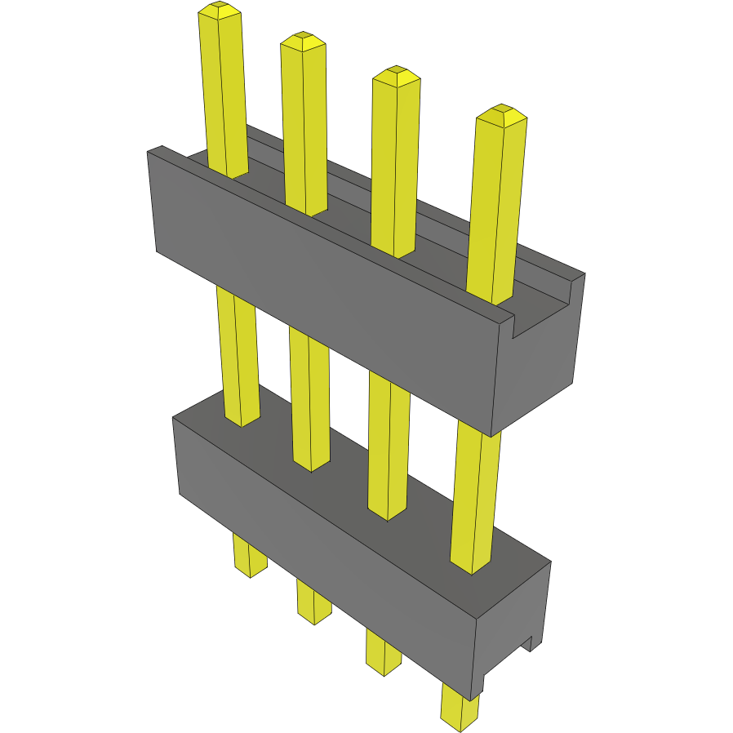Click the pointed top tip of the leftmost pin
(220, 11)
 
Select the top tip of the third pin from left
(396, 75)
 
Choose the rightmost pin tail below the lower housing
(460, 706)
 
